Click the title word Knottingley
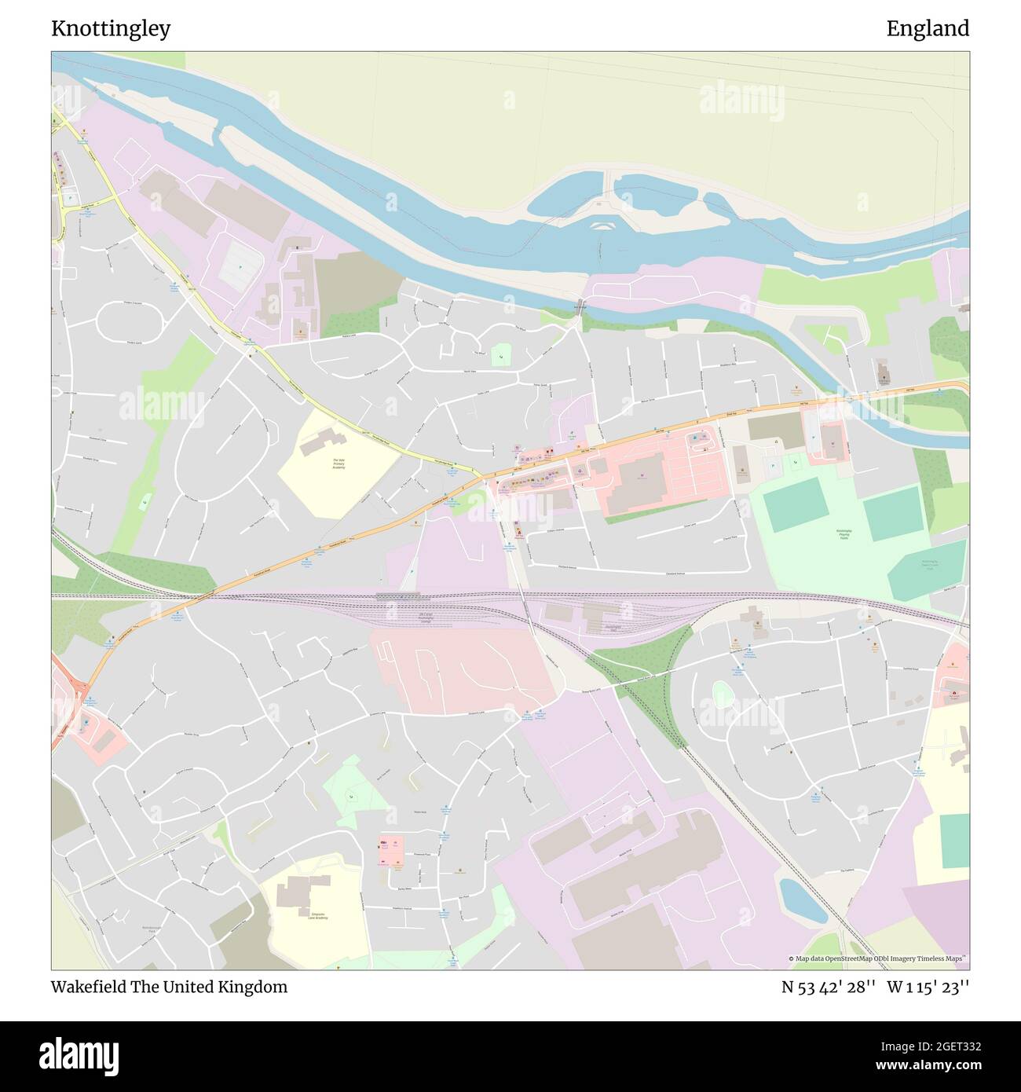pyautogui.click(x=111, y=29)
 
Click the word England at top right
pyautogui.click(x=928, y=29)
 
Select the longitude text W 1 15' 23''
pyautogui.click(x=928, y=987)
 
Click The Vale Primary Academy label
pyautogui.click(x=339, y=464)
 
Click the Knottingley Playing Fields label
pyautogui.click(x=845, y=535)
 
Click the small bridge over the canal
pyautogui.click(x=579, y=306)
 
